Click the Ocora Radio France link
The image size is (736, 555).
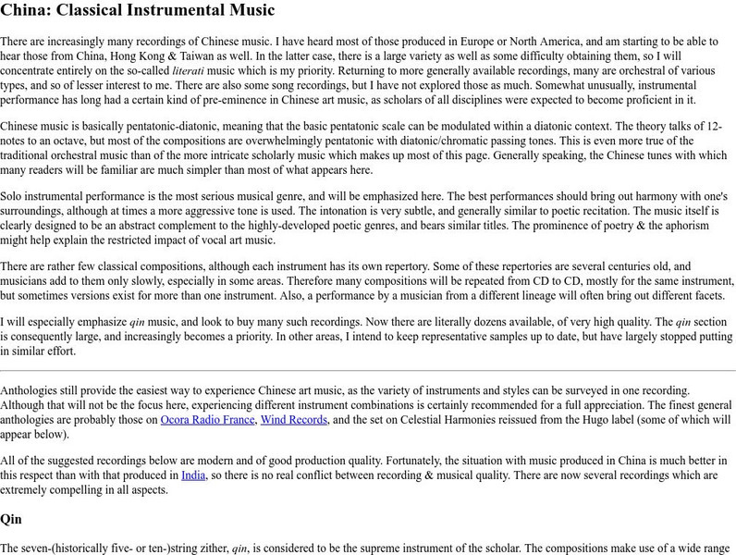point(207,419)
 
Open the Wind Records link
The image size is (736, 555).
point(293,419)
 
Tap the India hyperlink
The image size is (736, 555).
point(192,475)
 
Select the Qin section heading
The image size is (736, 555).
point(11,519)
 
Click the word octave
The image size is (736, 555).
point(64,140)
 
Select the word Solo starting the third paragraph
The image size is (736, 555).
point(15,196)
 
